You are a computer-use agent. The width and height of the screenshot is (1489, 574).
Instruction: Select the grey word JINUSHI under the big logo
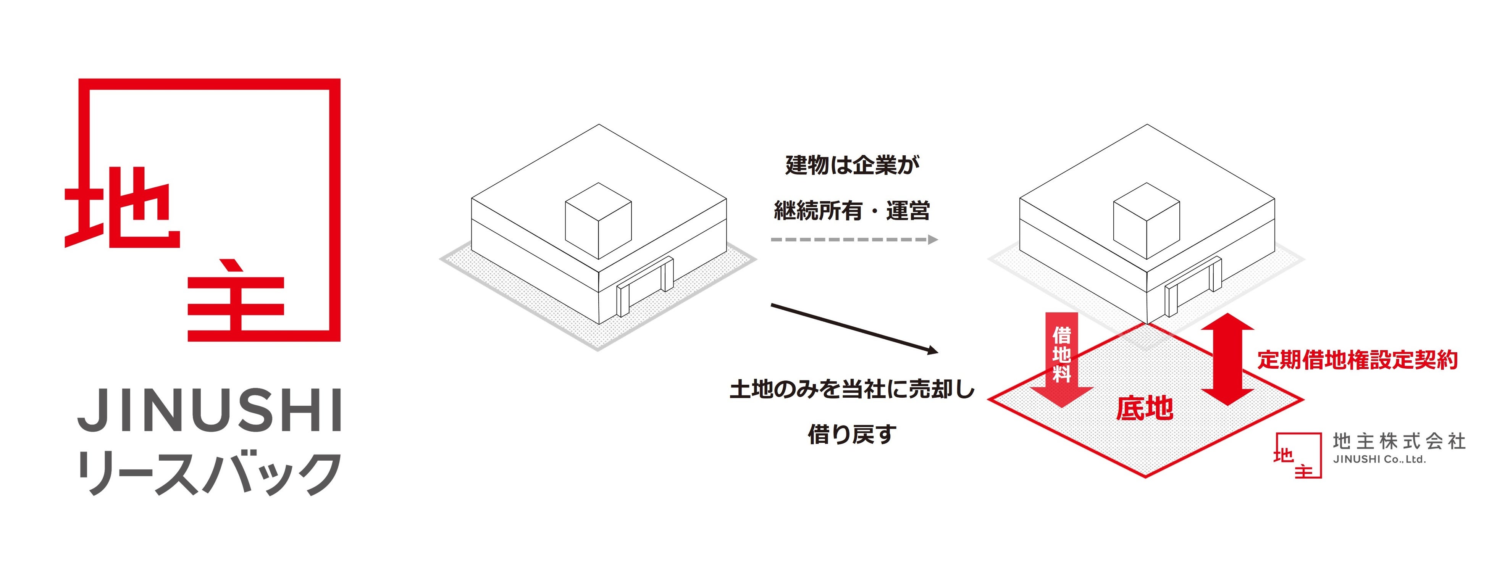(x=209, y=410)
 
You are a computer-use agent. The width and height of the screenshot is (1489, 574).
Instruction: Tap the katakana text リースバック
(x=209, y=473)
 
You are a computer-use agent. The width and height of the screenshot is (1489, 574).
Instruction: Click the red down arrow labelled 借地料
(x=1061, y=358)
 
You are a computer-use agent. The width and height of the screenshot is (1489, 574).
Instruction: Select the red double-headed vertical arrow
(x=1228, y=358)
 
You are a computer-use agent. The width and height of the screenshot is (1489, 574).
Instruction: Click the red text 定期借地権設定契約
(x=1357, y=360)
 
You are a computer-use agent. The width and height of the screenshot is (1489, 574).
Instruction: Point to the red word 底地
(x=1145, y=408)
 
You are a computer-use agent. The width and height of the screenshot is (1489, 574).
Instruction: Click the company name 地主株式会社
(x=1399, y=442)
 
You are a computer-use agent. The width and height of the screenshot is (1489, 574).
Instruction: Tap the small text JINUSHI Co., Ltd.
(x=1379, y=460)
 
